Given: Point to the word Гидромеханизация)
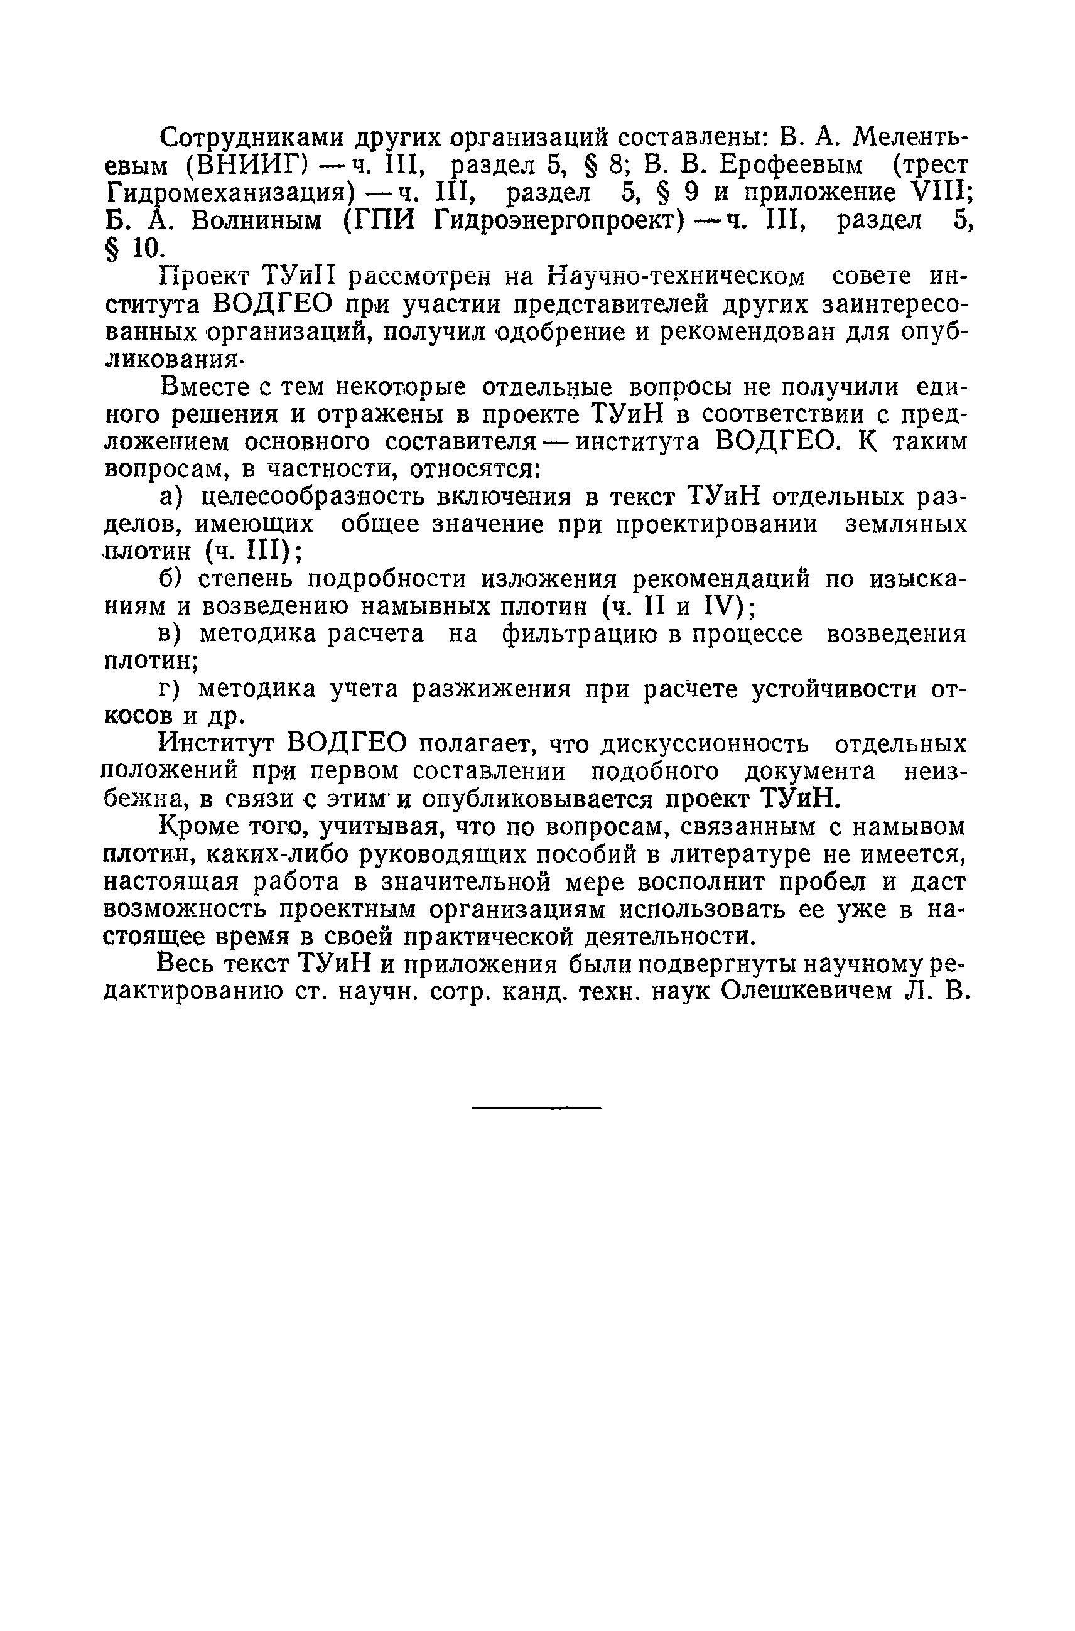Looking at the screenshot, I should point(234,194).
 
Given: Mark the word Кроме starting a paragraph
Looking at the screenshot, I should point(193,827).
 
